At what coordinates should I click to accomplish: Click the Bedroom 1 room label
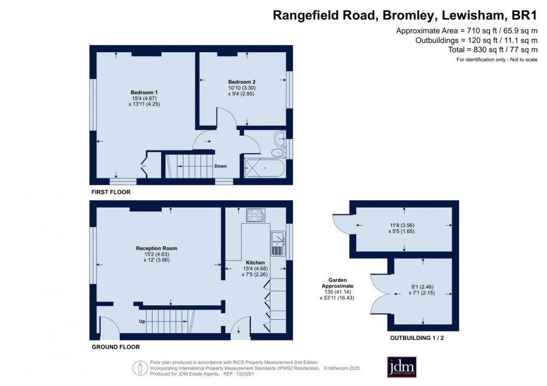point(144,92)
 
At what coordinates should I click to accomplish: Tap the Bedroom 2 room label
point(242,82)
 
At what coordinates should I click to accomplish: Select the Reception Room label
point(157,248)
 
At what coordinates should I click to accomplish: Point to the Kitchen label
point(255,262)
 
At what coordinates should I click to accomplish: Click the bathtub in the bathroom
point(264,168)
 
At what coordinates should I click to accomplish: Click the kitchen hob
point(256,215)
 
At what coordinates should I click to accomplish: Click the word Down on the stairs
point(221,166)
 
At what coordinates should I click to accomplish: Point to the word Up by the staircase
point(142,321)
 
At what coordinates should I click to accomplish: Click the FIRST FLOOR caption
point(111,192)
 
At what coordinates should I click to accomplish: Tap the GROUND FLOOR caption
point(116,347)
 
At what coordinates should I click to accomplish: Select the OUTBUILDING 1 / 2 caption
point(417,337)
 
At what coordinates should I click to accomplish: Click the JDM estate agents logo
point(402,367)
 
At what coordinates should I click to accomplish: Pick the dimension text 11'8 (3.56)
point(401,225)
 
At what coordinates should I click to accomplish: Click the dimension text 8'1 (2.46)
point(422,287)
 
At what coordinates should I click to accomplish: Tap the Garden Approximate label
point(337,283)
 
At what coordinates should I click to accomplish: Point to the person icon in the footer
point(140,368)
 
